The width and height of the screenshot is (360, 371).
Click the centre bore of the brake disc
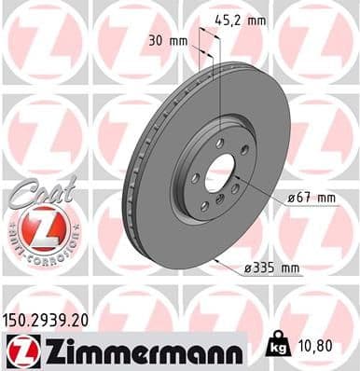point(220,172)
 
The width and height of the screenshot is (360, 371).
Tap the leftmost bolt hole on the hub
point(194,177)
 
